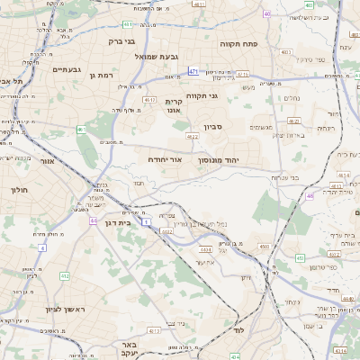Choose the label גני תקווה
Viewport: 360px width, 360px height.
click(202, 94)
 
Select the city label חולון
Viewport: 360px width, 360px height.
click(20, 190)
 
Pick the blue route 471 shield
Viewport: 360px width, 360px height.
click(193, 70)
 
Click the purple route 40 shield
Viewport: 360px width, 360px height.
click(266, 13)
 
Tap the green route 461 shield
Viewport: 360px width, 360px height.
click(82, 130)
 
